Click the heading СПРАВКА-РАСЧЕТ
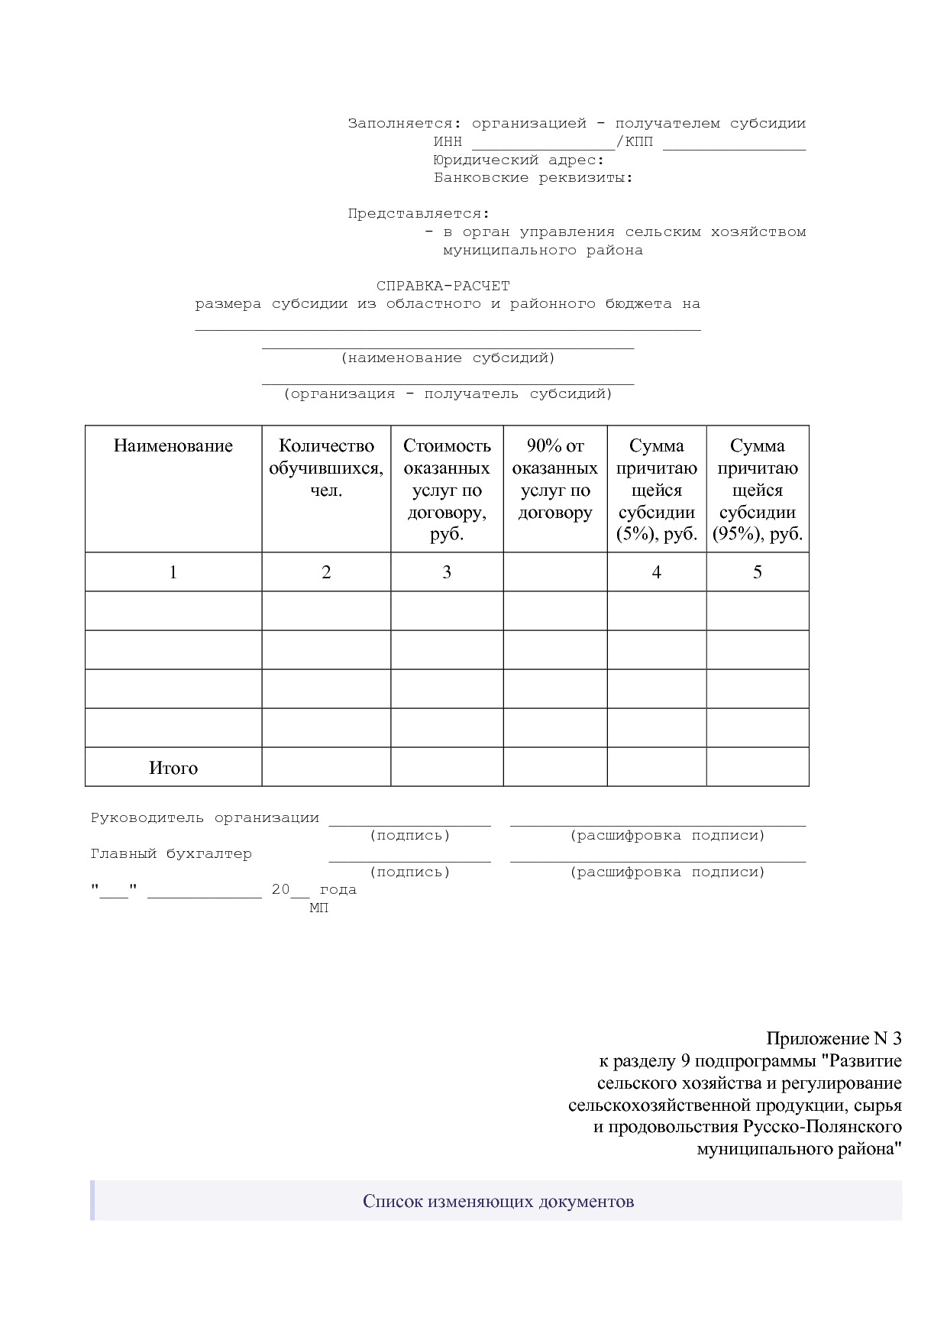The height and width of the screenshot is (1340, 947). [x=443, y=286]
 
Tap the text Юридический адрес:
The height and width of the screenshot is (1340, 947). [x=519, y=160]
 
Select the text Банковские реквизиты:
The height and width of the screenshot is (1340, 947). [x=533, y=178]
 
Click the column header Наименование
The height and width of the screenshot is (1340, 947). [x=173, y=446]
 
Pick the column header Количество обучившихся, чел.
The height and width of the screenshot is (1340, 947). [x=326, y=468]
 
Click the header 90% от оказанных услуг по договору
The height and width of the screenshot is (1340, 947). [x=555, y=479]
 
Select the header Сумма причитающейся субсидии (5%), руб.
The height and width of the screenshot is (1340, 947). [x=657, y=490]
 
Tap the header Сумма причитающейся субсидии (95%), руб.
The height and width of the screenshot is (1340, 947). [x=758, y=490]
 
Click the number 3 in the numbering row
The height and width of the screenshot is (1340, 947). [x=447, y=572]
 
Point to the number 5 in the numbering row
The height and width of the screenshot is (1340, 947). [x=758, y=572]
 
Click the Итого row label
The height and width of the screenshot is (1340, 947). [x=173, y=768]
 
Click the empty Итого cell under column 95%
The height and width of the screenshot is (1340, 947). [x=758, y=767]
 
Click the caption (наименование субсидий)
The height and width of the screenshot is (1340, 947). [x=448, y=358]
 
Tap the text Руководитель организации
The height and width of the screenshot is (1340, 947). [x=205, y=818]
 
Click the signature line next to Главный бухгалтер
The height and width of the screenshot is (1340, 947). [x=409, y=859]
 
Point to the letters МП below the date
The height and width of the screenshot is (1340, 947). [x=318, y=908]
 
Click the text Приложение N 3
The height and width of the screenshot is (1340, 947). [x=833, y=1039]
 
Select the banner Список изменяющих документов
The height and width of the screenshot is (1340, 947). [x=498, y=1202]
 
